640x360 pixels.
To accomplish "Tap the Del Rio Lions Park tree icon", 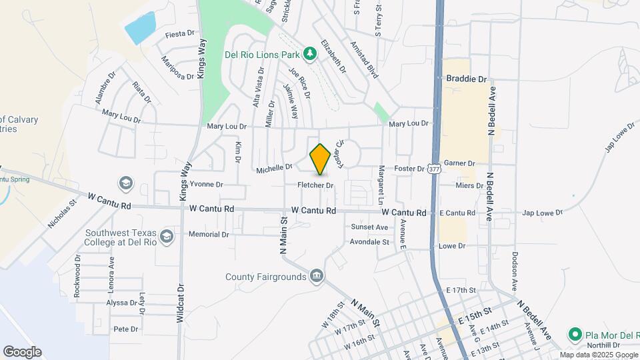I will coord(309,53).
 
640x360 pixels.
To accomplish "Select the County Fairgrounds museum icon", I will coord(317,276).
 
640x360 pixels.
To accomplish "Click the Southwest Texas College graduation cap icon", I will coord(165,236).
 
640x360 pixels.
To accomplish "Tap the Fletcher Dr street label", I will coord(315,185).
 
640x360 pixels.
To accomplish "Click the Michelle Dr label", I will coord(275,170).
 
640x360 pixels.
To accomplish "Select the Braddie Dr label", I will coord(467,79).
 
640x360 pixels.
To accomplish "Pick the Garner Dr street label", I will coord(459,163).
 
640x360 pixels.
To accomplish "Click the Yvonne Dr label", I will coord(206,184).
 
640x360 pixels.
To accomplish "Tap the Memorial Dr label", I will coord(209,234).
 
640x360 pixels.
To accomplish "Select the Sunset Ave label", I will coord(369,227).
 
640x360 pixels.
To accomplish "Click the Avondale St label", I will coord(369,242).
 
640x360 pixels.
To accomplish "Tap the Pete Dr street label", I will coord(125,329).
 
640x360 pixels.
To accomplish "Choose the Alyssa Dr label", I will coord(121,302).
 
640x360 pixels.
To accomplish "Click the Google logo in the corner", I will coord(22,351).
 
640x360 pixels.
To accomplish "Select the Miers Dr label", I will coord(470,185).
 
